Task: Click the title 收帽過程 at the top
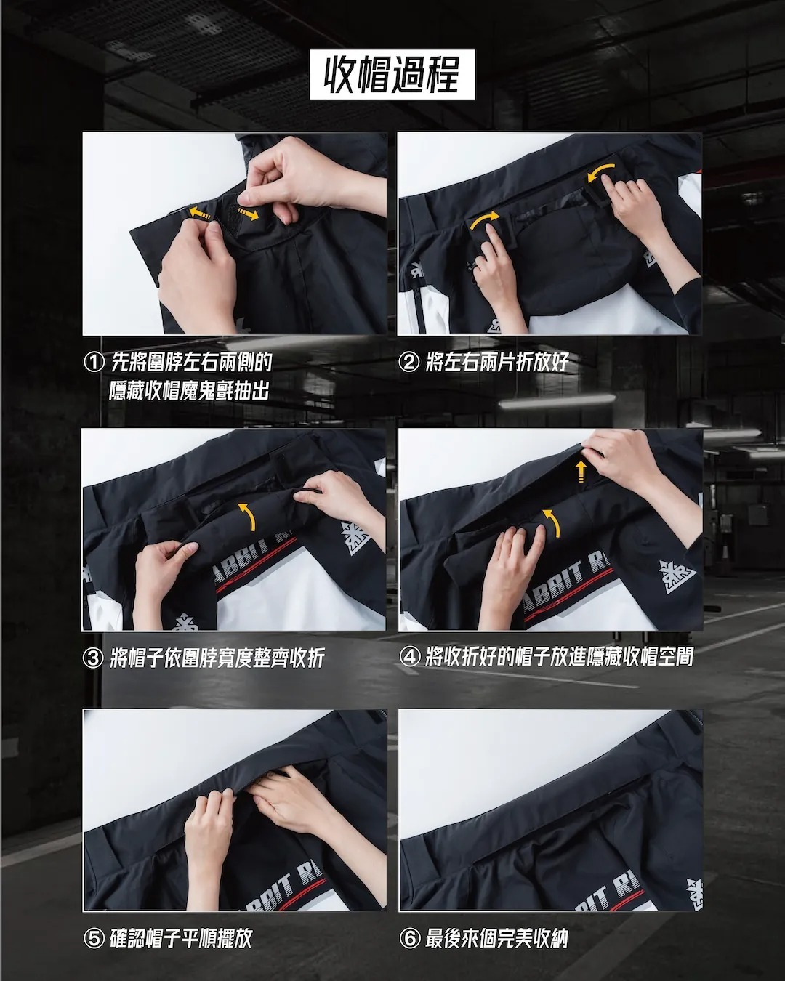[x=392, y=75]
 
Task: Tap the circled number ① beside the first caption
[x=94, y=363]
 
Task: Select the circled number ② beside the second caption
[x=408, y=363]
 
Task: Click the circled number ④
[x=409, y=657]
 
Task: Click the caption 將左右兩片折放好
[x=497, y=363]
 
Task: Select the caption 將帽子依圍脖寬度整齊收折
[x=217, y=658]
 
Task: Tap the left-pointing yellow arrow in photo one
[x=200, y=213]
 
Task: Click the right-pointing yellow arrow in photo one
[x=247, y=214]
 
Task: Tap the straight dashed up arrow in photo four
[x=580, y=471]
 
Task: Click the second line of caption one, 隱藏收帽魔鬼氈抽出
[x=189, y=391]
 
